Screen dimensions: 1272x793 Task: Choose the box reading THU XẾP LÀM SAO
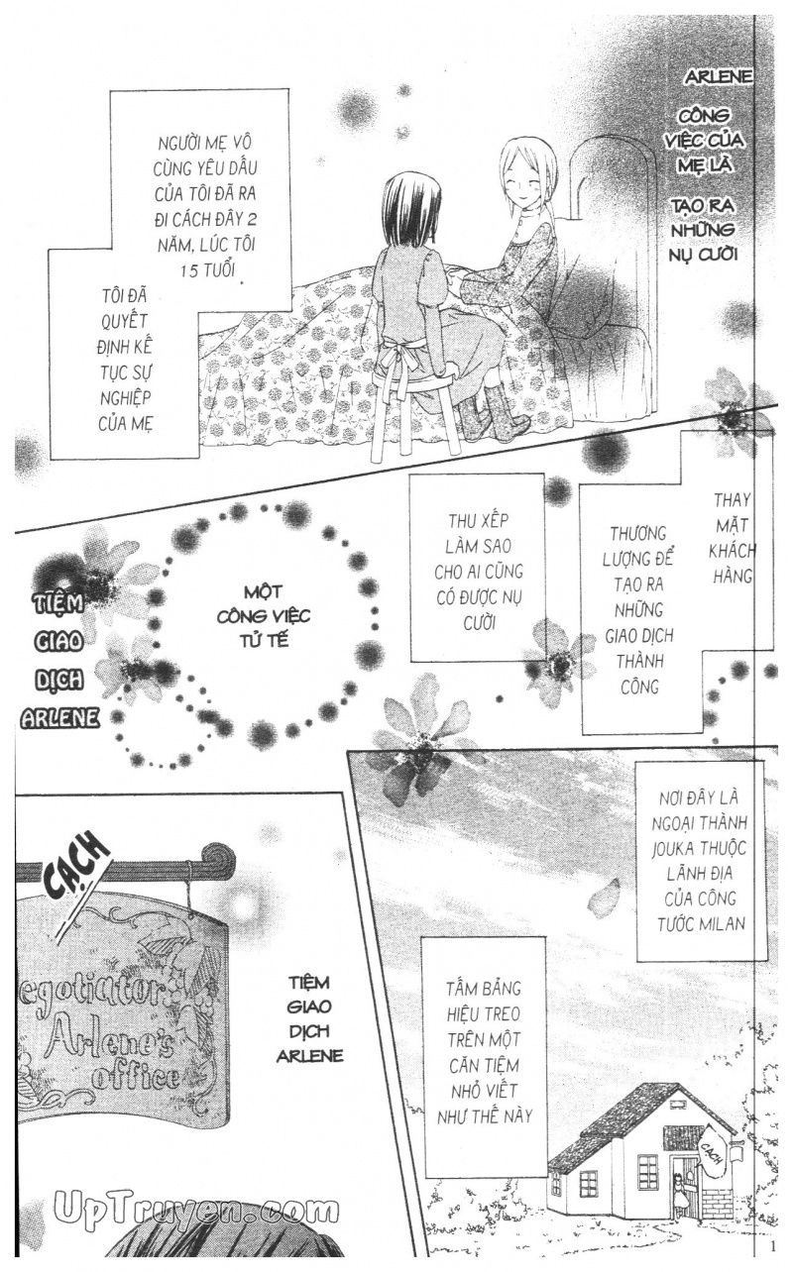(x=478, y=569)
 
